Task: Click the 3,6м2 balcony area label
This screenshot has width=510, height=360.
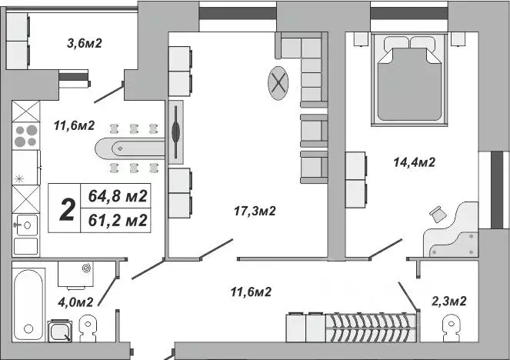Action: click(84, 43)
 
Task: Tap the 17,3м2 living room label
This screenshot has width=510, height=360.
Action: click(255, 210)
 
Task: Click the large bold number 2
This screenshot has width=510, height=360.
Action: click(67, 208)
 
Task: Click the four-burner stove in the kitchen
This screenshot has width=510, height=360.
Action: click(25, 136)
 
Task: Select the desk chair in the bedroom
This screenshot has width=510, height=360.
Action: click(439, 213)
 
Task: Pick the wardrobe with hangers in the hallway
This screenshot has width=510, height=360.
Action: click(370, 328)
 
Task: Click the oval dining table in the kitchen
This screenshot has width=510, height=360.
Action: click(128, 148)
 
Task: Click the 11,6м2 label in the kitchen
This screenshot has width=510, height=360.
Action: click(74, 125)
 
